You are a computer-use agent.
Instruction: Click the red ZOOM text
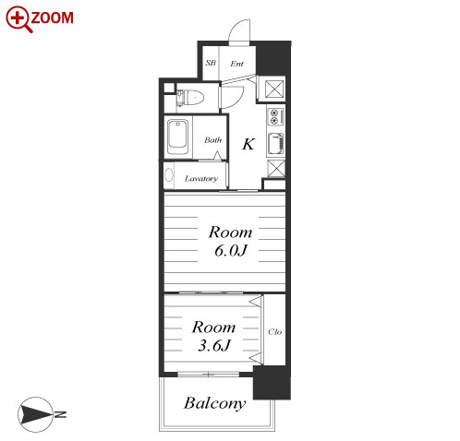[53, 18]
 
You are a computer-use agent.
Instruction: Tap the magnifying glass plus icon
[18, 19]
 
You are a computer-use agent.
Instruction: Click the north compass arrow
[35, 414]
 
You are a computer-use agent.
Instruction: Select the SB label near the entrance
[211, 63]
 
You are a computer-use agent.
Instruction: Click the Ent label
[236, 64]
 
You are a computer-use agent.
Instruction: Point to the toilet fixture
[190, 97]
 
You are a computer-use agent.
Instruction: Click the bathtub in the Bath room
[177, 137]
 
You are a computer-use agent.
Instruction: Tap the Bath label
[212, 140]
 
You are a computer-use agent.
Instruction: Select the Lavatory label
[201, 178]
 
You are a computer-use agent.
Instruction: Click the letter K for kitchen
[248, 144]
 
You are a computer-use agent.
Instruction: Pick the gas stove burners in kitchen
[275, 116]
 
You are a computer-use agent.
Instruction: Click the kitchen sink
[275, 144]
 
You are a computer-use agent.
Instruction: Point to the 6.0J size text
[231, 251]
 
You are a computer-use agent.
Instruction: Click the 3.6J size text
[214, 346]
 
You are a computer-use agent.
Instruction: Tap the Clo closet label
[274, 331]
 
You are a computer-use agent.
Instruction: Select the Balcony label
[215, 403]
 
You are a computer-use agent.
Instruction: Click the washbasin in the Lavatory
[169, 175]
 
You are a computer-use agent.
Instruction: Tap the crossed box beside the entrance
[274, 89]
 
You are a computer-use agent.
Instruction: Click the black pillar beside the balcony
[272, 383]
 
